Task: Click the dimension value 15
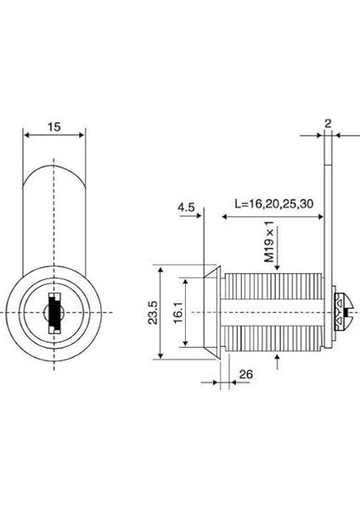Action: [54, 126]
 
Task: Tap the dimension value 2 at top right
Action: [328, 123]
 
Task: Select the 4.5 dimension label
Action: [186, 207]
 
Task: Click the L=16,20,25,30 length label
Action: [274, 204]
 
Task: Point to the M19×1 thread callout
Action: [269, 242]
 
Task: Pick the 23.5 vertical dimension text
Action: [152, 312]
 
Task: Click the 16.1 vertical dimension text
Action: [178, 312]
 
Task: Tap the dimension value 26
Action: [245, 374]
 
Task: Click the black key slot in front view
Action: [54, 313]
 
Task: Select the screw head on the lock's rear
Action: [343, 312]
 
